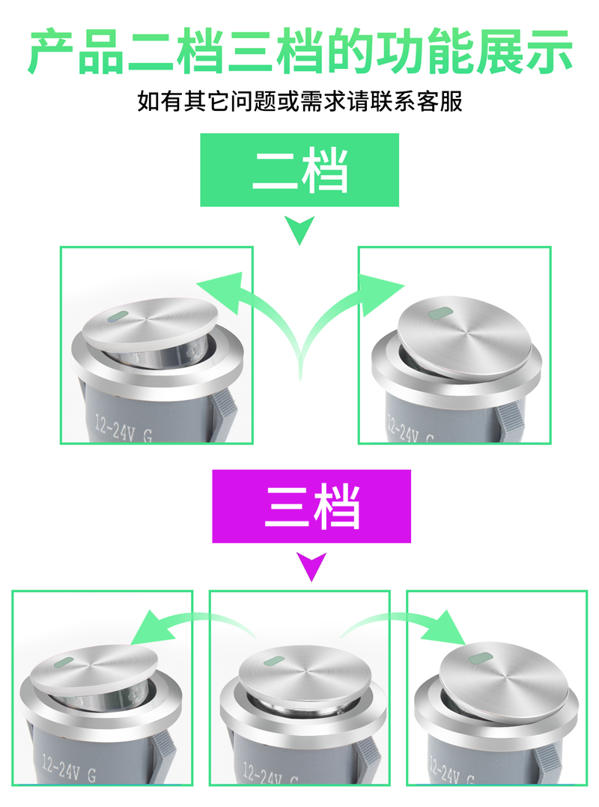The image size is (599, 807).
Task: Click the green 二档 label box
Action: pyautogui.click(x=299, y=170)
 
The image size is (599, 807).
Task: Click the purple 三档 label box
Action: pyautogui.click(x=311, y=506)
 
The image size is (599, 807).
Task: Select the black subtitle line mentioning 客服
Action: pyautogui.click(x=299, y=101)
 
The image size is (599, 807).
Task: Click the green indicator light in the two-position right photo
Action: pyautogui.click(x=440, y=312)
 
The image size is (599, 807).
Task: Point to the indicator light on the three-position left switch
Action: pyautogui.click(x=63, y=662)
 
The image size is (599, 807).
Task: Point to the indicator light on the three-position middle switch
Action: pyautogui.click(x=274, y=659)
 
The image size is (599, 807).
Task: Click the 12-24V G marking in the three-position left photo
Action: pyautogui.click(x=69, y=768)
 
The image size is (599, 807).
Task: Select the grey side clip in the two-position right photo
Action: pyautogui.click(x=514, y=416)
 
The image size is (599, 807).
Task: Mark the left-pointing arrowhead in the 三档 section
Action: pyautogui.click(x=153, y=627)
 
